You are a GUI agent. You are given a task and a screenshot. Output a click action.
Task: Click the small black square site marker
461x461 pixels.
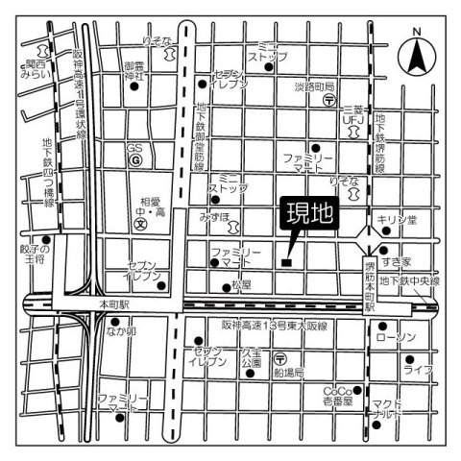click(x=286, y=261)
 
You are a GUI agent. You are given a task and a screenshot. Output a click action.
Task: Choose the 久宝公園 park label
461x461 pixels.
click(x=252, y=359)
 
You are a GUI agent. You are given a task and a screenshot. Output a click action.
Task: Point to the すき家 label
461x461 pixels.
click(x=397, y=261)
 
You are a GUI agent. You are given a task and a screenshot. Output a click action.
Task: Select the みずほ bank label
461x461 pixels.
click(x=214, y=216)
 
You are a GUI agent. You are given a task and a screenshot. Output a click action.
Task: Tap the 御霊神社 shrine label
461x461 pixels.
click(x=133, y=70)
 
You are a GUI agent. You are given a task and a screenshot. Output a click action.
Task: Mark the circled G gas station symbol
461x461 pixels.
click(x=137, y=161)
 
